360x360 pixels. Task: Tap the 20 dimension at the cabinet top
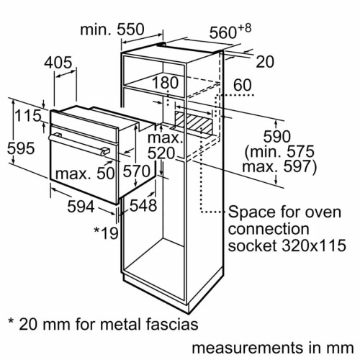(266, 62)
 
